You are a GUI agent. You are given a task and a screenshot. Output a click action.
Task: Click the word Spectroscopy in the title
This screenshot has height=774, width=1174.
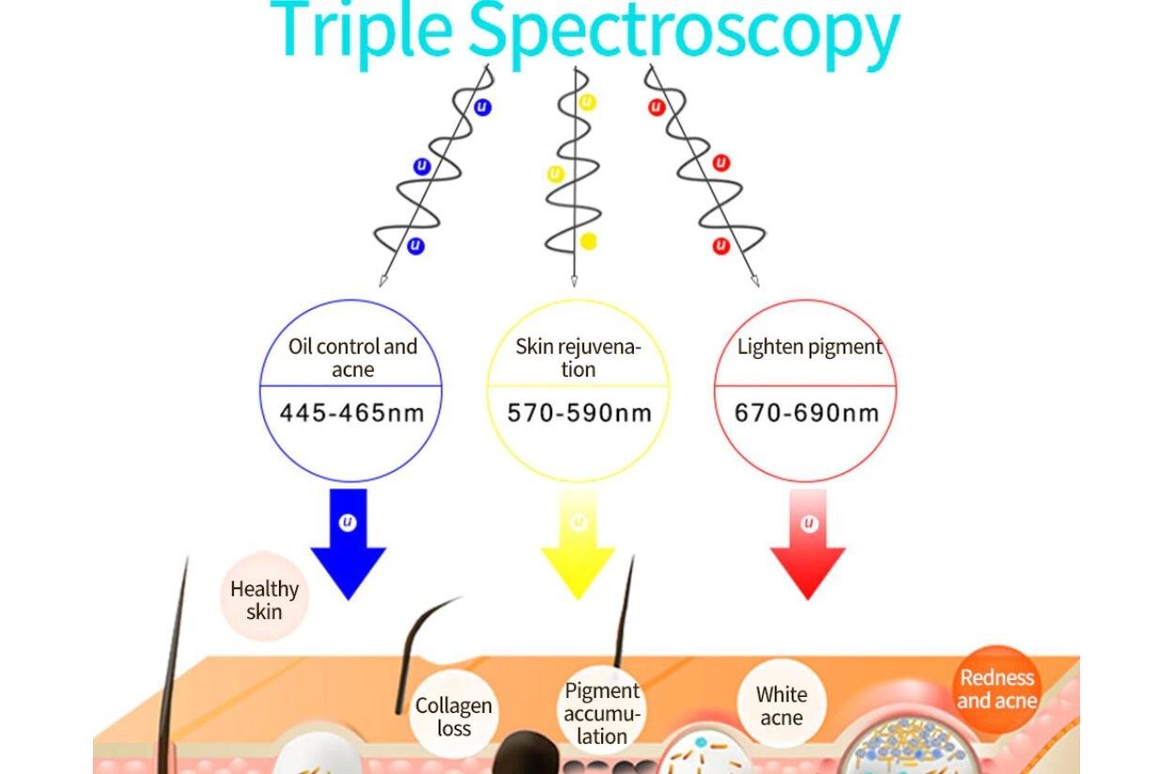pyautogui.click(x=684, y=32)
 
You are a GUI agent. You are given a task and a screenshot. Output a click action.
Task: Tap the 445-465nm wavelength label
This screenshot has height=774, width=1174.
pyautogui.click(x=352, y=412)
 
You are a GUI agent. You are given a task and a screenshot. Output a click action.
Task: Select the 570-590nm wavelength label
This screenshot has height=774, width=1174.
pyautogui.click(x=579, y=413)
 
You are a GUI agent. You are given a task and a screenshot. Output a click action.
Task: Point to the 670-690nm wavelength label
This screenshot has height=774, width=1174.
pyautogui.click(x=807, y=413)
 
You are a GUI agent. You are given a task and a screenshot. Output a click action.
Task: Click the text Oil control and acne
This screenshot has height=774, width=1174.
pyautogui.click(x=352, y=358)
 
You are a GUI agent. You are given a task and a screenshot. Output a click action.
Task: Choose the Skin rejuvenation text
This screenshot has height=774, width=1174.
pyautogui.click(x=579, y=358)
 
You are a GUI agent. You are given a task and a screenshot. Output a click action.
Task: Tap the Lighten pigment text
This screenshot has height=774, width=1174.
pyautogui.click(x=809, y=348)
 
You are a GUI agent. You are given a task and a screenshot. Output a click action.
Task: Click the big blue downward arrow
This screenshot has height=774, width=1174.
pyautogui.click(x=348, y=545)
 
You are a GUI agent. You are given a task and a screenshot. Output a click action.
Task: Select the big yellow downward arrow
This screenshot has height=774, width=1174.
pyautogui.click(x=578, y=550)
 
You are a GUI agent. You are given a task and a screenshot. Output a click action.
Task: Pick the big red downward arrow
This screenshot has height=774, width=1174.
pyautogui.click(x=808, y=550)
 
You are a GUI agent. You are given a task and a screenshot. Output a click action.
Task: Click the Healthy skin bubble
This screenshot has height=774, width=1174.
pyautogui.click(x=264, y=599)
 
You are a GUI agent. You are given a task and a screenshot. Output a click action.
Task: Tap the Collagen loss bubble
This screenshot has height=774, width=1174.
pyautogui.click(x=454, y=716)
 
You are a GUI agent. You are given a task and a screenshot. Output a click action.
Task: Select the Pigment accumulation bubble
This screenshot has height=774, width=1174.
pyautogui.click(x=602, y=713)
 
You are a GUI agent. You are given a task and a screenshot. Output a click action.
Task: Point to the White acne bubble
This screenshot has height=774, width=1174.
pyautogui.click(x=781, y=706)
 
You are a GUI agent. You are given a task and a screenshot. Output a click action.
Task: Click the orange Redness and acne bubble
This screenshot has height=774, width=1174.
pyautogui.click(x=996, y=689)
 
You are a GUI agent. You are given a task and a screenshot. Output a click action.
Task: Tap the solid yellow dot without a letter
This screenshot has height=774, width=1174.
pyautogui.click(x=589, y=241)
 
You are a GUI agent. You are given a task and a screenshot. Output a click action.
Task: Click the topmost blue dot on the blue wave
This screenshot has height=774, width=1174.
pyautogui.click(x=483, y=107)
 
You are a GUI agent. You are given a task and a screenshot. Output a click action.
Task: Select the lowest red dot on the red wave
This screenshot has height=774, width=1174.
pyautogui.click(x=721, y=246)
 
